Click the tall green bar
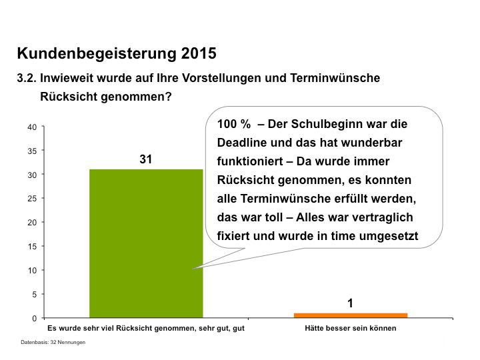[146, 243]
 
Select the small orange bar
[350, 315]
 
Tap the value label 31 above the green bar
[146, 159]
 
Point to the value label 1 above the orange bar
[350, 304]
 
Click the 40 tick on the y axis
[31, 127]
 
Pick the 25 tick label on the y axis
[31, 199]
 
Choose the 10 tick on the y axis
[31, 270]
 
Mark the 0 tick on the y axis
[34, 318]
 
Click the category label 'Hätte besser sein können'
[350, 329]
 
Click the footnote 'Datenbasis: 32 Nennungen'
[53, 342]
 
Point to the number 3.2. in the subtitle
[27, 78]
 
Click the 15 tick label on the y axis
[31, 246]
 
